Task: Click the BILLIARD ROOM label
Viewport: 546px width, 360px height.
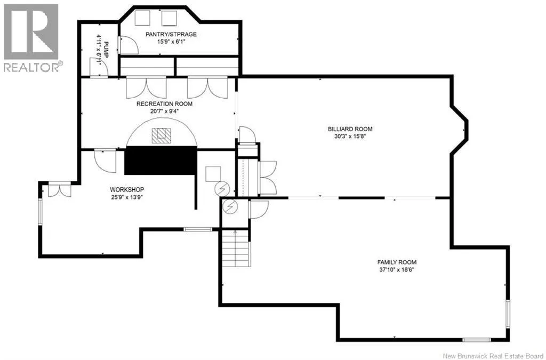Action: (350, 129)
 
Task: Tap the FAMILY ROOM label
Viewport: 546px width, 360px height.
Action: (397, 262)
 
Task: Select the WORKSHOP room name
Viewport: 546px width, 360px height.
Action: (127, 189)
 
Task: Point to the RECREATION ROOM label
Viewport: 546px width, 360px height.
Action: (164, 104)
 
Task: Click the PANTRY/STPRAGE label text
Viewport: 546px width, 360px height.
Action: (171, 34)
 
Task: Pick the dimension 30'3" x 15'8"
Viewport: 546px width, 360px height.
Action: (350, 137)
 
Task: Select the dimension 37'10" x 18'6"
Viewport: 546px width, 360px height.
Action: (397, 269)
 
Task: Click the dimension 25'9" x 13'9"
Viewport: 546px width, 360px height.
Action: (127, 197)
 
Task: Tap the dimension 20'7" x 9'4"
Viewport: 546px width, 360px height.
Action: (164, 111)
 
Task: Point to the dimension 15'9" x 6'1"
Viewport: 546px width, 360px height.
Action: (171, 42)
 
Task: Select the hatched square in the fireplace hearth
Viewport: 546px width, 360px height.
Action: (161, 136)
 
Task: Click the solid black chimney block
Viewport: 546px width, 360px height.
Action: (161, 161)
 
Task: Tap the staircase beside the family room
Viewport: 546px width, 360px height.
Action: (235, 248)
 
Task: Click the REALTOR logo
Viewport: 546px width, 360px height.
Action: (31, 37)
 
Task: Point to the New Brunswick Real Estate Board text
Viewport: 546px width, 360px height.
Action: (493, 356)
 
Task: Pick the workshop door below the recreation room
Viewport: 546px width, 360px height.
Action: (105, 161)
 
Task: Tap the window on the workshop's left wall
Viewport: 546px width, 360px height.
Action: (40, 211)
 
